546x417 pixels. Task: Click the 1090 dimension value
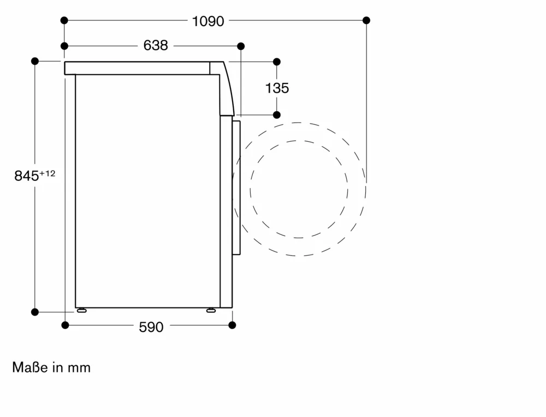click(208, 21)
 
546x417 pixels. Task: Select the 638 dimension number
click(156, 46)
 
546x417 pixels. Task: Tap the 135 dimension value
click(277, 88)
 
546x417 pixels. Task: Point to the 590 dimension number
click(151, 327)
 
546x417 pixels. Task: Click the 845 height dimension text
click(26, 176)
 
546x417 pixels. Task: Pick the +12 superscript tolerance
click(48, 173)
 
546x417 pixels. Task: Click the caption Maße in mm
click(51, 367)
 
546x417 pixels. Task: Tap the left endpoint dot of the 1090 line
click(64, 20)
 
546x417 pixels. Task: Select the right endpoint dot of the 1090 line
click(366, 20)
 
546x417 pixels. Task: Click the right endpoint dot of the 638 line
click(241, 46)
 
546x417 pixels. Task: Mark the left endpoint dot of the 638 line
click(64, 46)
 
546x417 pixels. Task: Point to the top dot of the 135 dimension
click(277, 62)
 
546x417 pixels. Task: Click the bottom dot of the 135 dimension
click(277, 115)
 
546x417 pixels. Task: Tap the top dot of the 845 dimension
click(35, 61)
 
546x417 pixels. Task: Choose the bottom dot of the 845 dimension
click(35, 312)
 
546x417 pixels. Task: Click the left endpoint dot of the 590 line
click(65, 325)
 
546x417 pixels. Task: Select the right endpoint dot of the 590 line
click(232, 325)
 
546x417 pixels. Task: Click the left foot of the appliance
click(82, 310)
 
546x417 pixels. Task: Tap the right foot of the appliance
click(211, 310)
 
